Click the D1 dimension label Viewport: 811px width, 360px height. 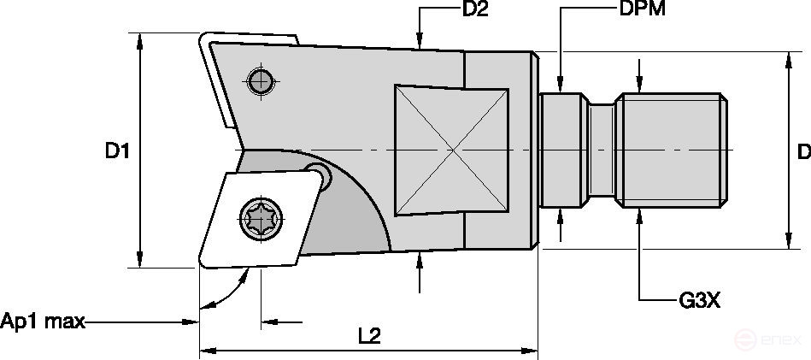pyautogui.click(x=117, y=151)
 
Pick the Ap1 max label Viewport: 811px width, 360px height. pyautogui.click(x=44, y=322)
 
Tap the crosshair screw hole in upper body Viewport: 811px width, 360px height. pyautogui.click(x=259, y=81)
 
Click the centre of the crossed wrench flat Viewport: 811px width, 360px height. pyautogui.click(x=452, y=150)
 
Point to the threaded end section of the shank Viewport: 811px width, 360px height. pyautogui.click(x=674, y=150)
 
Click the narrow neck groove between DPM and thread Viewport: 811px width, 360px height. pyautogui.click(x=603, y=150)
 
